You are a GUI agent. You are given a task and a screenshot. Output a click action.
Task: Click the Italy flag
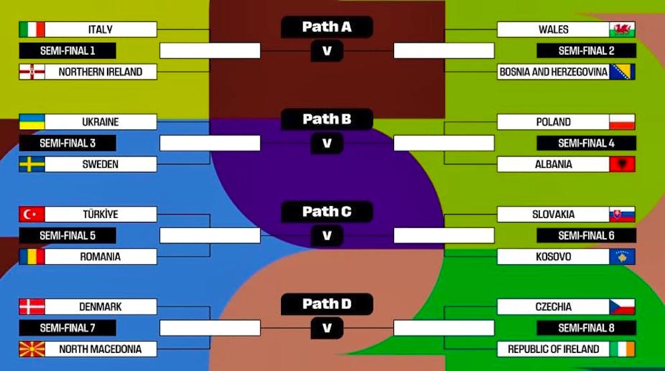pos(32,29)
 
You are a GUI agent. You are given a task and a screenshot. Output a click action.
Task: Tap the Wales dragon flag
pos(622,29)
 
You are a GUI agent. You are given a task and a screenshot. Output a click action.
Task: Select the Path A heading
pos(327,27)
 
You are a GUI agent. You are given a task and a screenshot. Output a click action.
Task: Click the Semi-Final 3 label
pos(68,143)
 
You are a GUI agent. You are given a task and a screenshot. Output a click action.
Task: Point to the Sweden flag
pos(32,164)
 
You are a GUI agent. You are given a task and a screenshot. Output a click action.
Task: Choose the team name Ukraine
pos(100,122)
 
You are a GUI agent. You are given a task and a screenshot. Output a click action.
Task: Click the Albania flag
pos(622,164)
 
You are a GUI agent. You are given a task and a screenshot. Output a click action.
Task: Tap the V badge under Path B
pos(327,143)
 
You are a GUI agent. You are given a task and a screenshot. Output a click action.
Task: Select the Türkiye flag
pos(32,215)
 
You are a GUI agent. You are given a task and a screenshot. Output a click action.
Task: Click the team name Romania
pos(100,257)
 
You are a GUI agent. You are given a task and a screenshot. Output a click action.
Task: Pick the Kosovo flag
pos(622,257)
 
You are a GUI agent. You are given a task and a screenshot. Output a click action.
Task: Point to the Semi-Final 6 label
pos(586,236)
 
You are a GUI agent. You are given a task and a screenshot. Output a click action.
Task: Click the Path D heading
pos(327,304)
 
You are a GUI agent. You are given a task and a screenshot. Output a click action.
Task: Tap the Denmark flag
pos(32,307)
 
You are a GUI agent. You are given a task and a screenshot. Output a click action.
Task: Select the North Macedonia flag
pos(32,350)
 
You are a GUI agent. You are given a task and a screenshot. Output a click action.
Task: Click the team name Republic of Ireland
pos(553,350)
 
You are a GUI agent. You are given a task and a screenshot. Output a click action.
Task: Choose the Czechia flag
pos(622,307)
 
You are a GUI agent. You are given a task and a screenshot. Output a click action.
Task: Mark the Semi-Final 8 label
pos(586,328)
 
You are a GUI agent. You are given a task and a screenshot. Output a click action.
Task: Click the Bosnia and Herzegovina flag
pos(622,72)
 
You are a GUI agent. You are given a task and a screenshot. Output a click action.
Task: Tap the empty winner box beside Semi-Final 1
pos(210,51)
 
